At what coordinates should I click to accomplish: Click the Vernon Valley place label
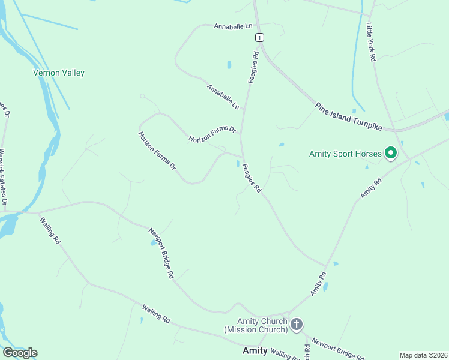58,73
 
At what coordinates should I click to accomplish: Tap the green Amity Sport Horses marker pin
391,154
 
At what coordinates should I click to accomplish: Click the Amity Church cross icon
296,325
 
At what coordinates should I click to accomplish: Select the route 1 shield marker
259,37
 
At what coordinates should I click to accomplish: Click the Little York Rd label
371,42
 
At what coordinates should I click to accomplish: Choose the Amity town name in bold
254,350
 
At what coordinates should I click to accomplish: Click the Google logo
20,353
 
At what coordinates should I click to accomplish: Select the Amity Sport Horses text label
345,154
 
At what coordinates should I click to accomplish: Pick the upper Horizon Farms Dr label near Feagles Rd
212,134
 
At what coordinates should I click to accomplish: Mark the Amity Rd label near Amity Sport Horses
371,188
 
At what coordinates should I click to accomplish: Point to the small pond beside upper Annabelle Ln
229,64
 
